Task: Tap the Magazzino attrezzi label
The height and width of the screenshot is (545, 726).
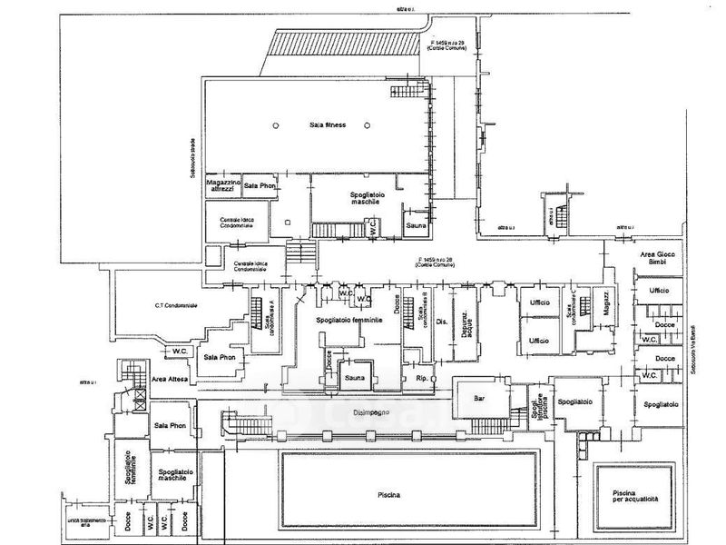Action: point(224,186)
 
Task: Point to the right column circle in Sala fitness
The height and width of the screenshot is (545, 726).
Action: point(368,124)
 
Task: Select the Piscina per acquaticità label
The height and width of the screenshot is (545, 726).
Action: point(627,496)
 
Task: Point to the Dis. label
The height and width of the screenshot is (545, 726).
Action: point(443,322)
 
